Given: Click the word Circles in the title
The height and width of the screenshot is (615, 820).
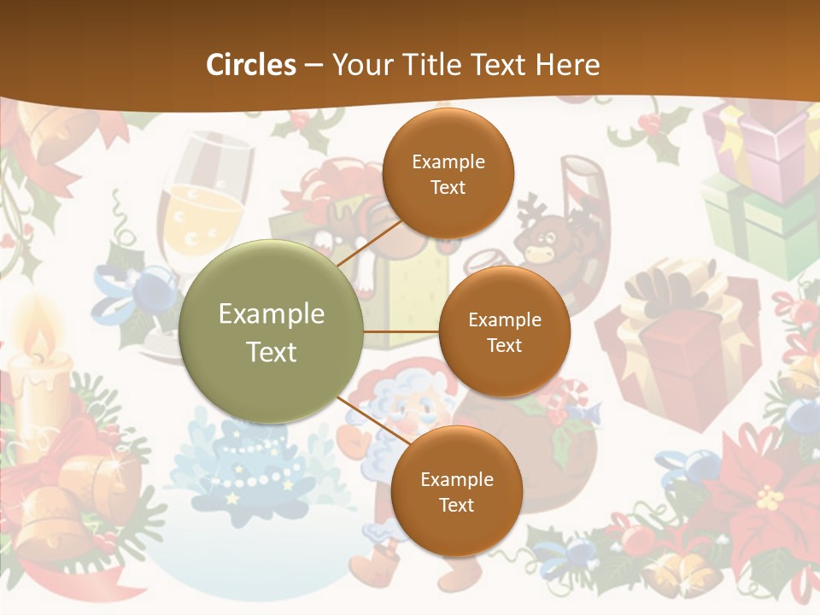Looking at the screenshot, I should point(251,65).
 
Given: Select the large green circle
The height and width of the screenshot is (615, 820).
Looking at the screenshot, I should point(272,331).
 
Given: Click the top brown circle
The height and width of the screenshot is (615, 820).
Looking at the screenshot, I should point(448,173).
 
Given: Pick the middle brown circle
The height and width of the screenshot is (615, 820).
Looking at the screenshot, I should point(504,331).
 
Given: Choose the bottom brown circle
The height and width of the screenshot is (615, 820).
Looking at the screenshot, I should point(456,491).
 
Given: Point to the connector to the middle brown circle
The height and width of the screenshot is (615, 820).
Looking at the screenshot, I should point(401,331).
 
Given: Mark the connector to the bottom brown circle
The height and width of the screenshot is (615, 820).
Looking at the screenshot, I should point(367,419).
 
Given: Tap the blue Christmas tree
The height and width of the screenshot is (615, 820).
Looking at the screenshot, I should point(248,466).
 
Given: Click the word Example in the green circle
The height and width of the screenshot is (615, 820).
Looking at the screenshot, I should point(272,314).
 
